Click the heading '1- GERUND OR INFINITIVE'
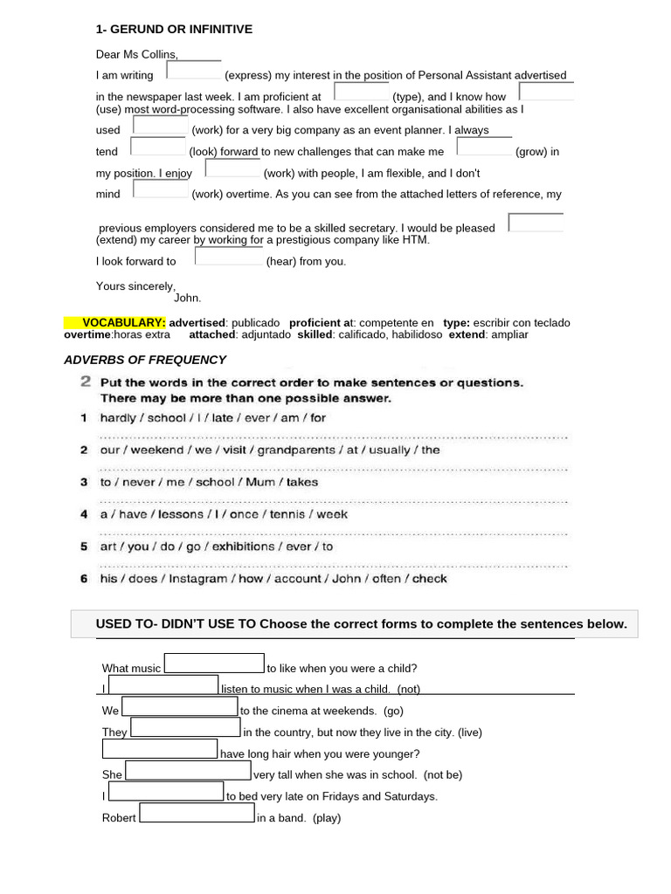point(174,30)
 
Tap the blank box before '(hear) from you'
point(228,257)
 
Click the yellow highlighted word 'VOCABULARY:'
point(123,323)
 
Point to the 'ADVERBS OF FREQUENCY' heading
point(145,360)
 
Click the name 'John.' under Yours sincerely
point(188,298)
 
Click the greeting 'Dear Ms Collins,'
point(137,54)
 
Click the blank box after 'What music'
point(214,664)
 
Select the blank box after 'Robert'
point(197,814)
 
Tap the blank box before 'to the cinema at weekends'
point(180,706)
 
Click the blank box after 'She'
point(189,770)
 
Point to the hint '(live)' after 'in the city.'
point(470,732)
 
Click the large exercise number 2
point(86,382)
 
